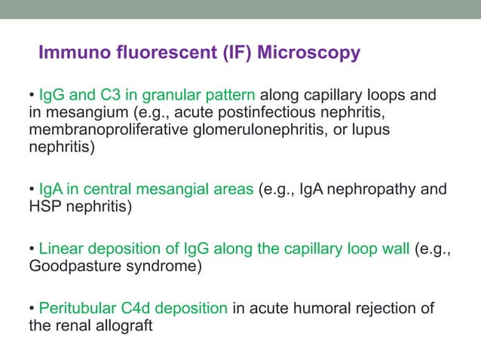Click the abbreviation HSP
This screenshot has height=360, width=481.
(x=44, y=206)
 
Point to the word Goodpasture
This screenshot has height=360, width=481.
(x=72, y=266)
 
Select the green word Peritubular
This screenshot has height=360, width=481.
(x=75, y=309)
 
